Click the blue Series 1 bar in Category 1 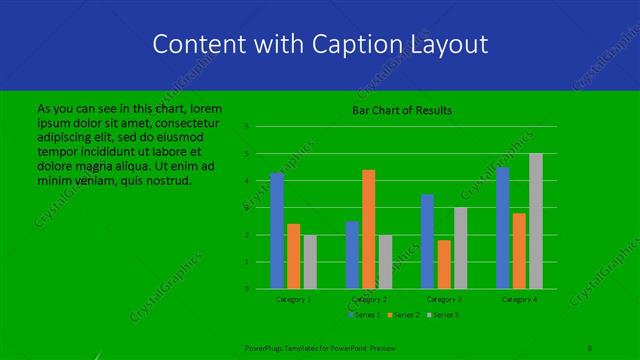(x=277, y=231)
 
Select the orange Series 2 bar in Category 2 (x=368, y=229)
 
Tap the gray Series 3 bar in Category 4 (x=535, y=221)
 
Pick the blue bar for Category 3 (x=427, y=241)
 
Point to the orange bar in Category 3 (x=443, y=264)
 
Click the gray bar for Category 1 (x=309, y=262)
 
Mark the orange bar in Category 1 (x=293, y=256)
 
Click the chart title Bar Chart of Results (x=402, y=109)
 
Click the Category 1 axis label (x=293, y=299)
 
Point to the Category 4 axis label (x=519, y=299)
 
